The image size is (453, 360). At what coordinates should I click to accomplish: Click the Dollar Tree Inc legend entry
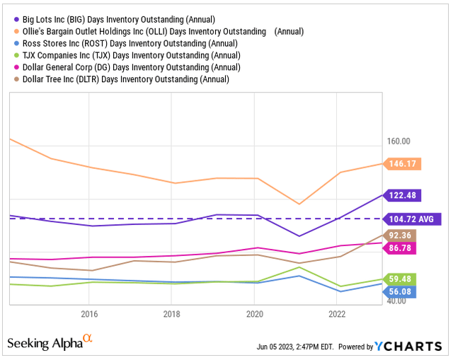pyautogui.click(x=117, y=79)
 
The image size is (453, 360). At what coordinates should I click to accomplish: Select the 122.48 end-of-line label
pyautogui.click(x=402, y=194)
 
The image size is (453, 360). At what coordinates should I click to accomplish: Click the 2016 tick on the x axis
pyautogui.click(x=89, y=313)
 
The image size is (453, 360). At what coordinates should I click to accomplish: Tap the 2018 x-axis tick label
pyautogui.click(x=171, y=313)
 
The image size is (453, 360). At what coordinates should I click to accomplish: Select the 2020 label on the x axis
pyautogui.click(x=254, y=313)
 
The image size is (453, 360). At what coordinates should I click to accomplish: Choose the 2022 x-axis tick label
pyautogui.click(x=337, y=313)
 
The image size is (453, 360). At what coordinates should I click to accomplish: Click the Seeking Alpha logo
pyautogui.click(x=50, y=343)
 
